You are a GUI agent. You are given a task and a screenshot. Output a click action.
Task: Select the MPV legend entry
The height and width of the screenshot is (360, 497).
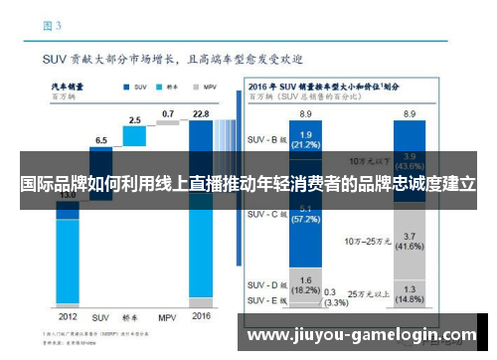click(208, 88)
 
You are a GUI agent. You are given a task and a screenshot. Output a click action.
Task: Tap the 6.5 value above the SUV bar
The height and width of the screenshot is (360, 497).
click(100, 139)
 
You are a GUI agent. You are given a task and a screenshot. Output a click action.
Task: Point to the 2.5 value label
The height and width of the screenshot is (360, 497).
click(133, 120)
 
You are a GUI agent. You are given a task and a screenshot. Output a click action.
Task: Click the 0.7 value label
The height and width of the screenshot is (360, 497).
click(167, 114)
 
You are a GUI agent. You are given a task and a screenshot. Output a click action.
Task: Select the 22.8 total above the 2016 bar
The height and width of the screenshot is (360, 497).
click(200, 114)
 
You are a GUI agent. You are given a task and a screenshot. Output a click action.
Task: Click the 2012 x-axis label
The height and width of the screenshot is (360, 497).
click(66, 316)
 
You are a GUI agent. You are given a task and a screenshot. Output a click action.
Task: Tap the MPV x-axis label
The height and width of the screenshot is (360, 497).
click(166, 316)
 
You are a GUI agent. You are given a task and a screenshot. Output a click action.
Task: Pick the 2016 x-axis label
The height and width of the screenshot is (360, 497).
click(200, 316)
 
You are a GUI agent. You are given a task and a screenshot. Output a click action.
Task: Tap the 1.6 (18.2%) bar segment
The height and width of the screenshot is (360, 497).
click(306, 284)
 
